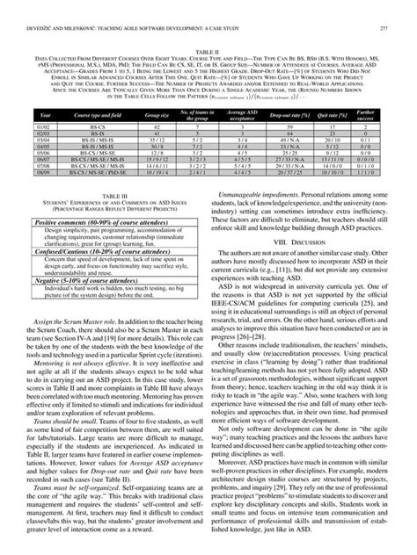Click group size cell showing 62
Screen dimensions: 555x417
pyautogui.click(x=157, y=152)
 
